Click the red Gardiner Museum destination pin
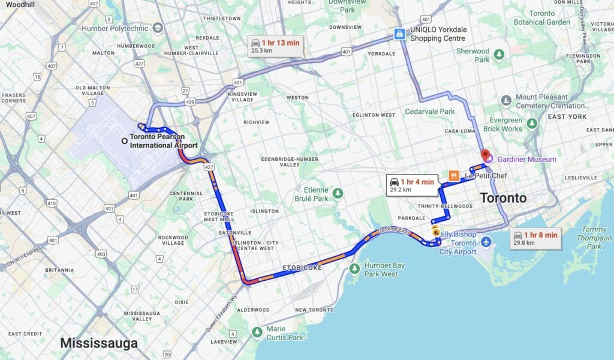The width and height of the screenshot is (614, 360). [485, 155]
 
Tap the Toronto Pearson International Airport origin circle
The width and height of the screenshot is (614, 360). [124, 141]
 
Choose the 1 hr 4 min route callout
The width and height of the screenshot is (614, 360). [411, 185]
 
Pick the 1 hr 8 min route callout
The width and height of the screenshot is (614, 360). [535, 238]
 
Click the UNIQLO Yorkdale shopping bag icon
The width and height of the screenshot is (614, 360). [399, 34]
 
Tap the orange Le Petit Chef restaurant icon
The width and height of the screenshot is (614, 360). [454, 176]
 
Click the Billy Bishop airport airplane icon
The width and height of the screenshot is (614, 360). [486, 242]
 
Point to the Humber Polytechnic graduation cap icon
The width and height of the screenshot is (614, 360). [158, 28]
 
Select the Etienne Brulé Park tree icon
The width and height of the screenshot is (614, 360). [338, 193]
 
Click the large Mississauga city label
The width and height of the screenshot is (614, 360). [98, 344]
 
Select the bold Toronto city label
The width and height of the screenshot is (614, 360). [502, 198]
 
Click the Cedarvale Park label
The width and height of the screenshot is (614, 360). [446, 112]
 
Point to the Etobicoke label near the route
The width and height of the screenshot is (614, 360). [302, 268]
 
